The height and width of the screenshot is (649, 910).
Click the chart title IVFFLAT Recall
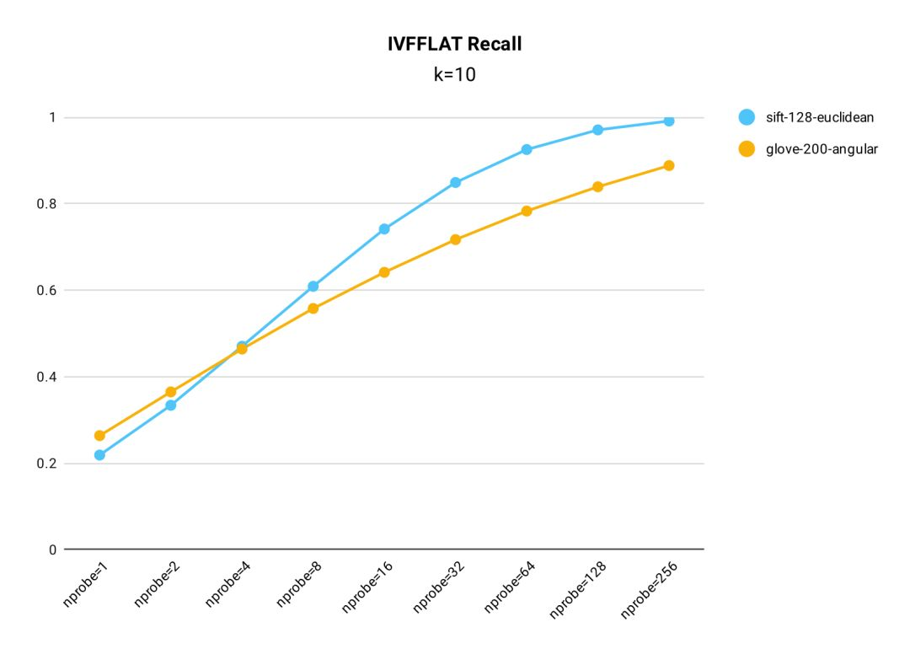coord(454,45)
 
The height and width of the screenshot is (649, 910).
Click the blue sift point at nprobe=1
coord(99,455)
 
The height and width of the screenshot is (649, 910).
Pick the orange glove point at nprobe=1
coord(99,436)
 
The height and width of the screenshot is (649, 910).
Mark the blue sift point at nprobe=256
coord(669,121)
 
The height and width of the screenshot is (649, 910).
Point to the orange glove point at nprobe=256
coord(669,165)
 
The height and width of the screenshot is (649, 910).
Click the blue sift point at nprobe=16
coord(384,228)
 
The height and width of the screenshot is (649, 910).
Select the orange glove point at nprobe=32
coord(456,239)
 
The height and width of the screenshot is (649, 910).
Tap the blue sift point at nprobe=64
coord(527,149)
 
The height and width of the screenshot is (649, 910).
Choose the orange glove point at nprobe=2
coord(171,392)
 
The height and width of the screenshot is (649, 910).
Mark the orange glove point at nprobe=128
coord(597,186)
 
